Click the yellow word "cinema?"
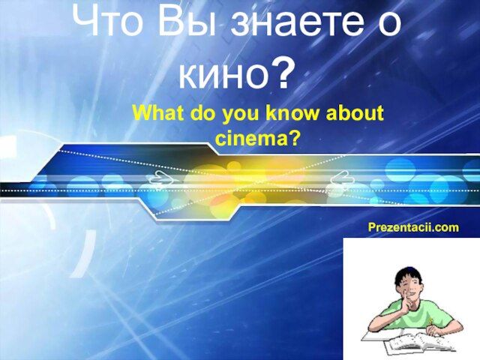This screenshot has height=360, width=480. (x=256, y=139)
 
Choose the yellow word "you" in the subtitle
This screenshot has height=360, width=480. (x=241, y=115)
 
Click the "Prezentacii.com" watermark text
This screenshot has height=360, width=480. (x=413, y=227)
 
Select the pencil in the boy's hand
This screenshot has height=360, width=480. (x=431, y=322)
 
